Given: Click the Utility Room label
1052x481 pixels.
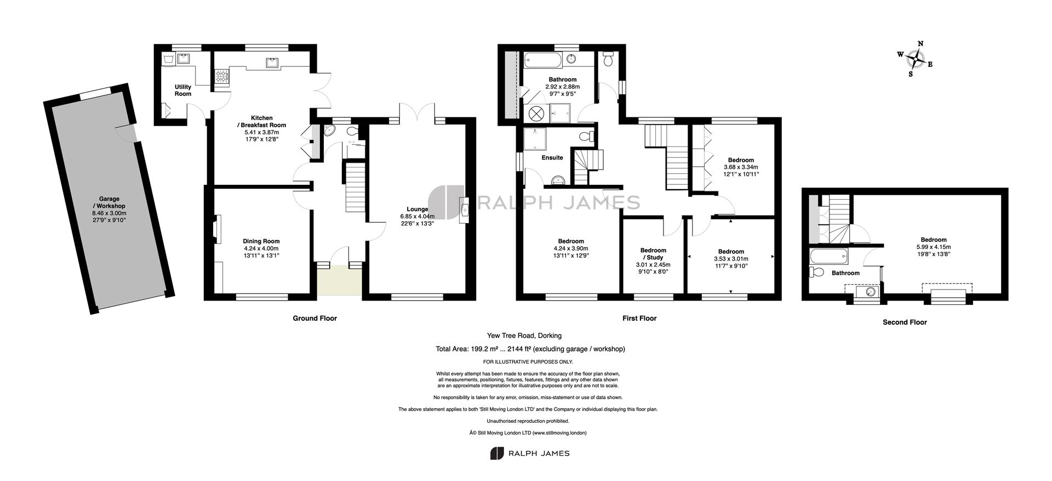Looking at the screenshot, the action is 183,90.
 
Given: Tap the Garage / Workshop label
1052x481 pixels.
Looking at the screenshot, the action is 109,202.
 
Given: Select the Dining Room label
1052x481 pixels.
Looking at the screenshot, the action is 261,241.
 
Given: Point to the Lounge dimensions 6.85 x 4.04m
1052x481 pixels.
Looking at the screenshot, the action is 418,216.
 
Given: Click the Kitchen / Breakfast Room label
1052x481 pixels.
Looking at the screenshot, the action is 261,122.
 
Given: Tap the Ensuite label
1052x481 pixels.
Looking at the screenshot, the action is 552,158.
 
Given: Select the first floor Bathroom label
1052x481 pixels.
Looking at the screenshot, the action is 563,80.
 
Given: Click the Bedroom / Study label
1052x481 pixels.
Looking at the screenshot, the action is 653,254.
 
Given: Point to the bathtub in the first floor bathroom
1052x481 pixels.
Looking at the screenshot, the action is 542,59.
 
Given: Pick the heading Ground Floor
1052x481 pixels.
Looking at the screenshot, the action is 315,318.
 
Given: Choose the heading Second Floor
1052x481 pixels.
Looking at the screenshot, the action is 905,322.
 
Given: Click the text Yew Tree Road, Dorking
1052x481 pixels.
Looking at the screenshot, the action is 524,336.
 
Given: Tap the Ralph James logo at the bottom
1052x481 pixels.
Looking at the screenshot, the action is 529,454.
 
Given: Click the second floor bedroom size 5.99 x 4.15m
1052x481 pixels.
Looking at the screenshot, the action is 933,247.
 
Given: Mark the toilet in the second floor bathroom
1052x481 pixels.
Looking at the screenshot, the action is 816,273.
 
